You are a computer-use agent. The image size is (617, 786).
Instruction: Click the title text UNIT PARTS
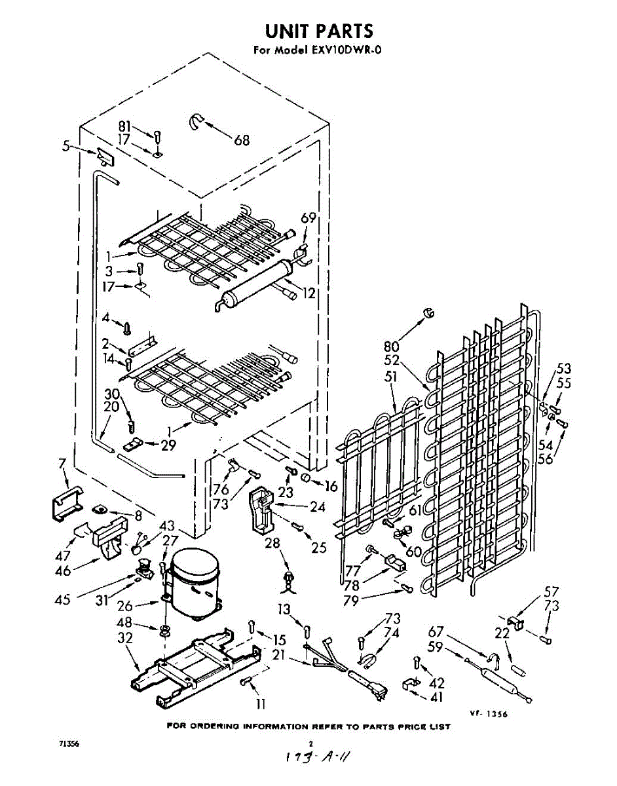point(319,31)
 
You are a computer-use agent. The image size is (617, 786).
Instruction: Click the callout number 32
point(126,638)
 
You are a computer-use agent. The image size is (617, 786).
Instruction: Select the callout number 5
point(66,147)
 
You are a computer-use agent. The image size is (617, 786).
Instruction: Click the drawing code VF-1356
point(489,713)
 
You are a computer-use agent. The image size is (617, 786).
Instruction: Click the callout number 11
point(261,704)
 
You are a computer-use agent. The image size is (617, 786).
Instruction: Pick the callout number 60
point(413,552)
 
